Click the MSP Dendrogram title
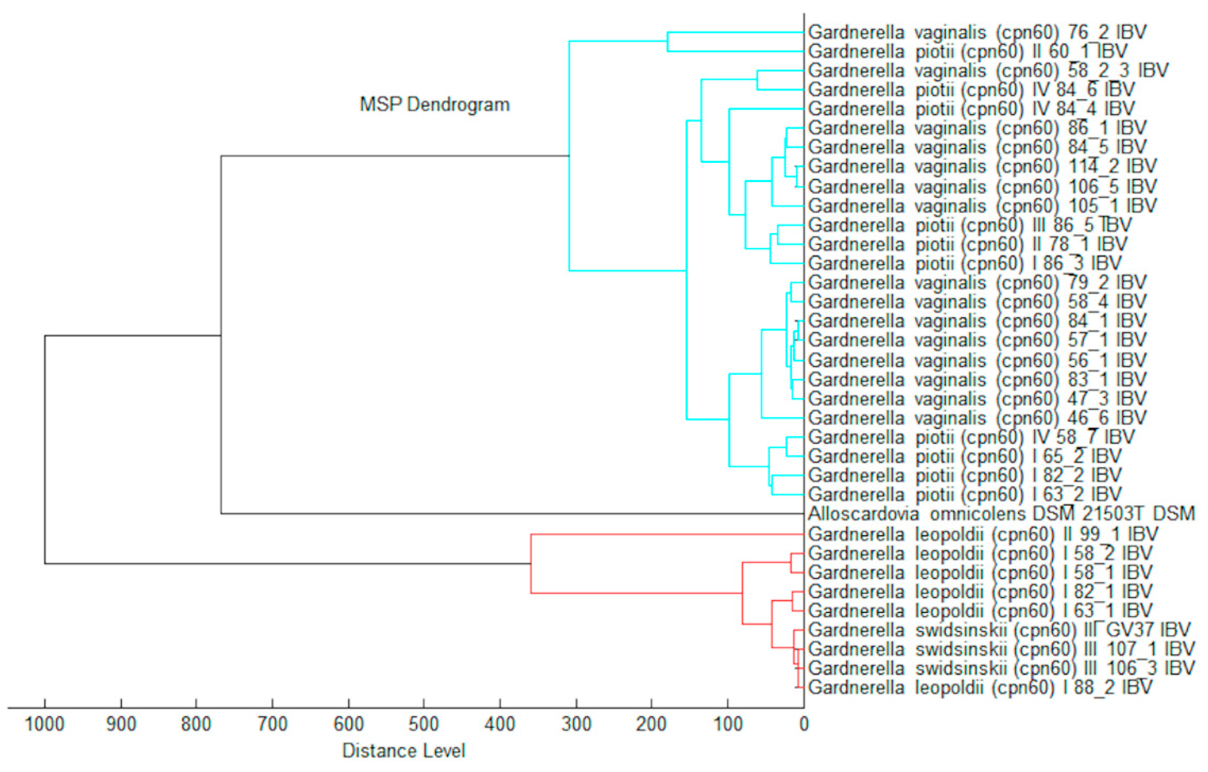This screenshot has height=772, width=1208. (434, 104)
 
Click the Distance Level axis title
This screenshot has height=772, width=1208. (404, 751)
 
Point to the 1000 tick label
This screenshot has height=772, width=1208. (45, 724)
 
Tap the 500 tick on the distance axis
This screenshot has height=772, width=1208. (424, 724)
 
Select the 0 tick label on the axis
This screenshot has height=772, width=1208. (804, 724)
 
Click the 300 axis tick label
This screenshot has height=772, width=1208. (576, 724)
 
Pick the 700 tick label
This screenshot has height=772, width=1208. (272, 724)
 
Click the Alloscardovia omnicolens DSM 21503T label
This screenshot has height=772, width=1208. (1001, 513)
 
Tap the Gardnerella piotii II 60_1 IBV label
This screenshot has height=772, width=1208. (968, 51)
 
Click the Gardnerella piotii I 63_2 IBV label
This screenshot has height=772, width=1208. (965, 494)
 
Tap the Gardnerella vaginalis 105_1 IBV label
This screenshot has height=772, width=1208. (982, 205)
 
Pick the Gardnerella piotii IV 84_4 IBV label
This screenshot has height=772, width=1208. (971, 108)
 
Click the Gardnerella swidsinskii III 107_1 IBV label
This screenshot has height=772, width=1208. (1001, 649)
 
